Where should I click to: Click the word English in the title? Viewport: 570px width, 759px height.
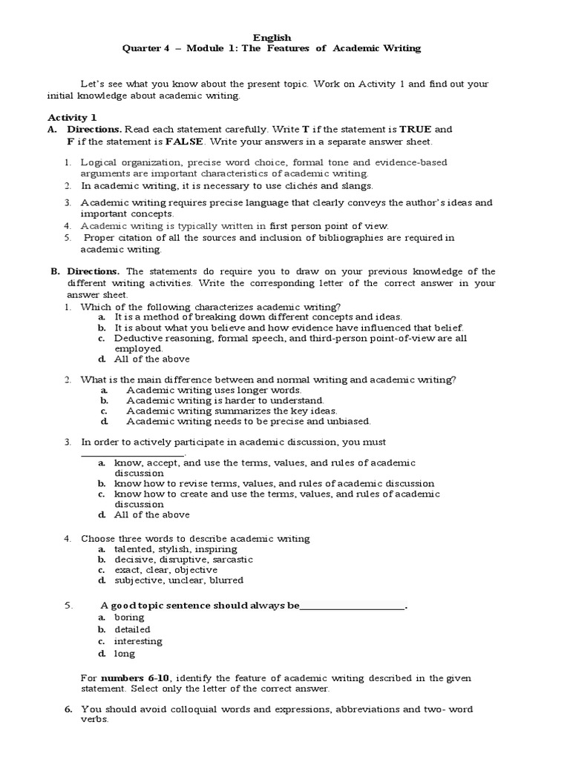pos(272,37)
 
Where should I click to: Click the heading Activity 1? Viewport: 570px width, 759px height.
pos(73,117)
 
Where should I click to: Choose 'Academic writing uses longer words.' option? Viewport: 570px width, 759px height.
pos(214,390)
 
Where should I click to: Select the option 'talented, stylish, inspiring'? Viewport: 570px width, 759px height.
pos(176,549)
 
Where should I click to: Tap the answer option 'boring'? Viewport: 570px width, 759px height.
pos(129,617)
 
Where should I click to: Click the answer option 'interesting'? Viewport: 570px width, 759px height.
pos(138,641)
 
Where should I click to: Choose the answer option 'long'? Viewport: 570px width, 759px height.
pos(125,654)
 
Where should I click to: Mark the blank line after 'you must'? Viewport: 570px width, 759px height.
pos(132,454)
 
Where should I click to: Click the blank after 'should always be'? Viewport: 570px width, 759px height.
pos(353,606)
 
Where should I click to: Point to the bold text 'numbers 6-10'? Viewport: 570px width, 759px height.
pos(129,678)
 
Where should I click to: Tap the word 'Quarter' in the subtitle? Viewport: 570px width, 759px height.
pos(143,48)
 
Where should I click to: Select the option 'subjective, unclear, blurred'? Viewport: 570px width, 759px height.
pos(179,580)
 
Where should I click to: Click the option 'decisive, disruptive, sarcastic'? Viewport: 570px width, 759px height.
pos(184,560)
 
